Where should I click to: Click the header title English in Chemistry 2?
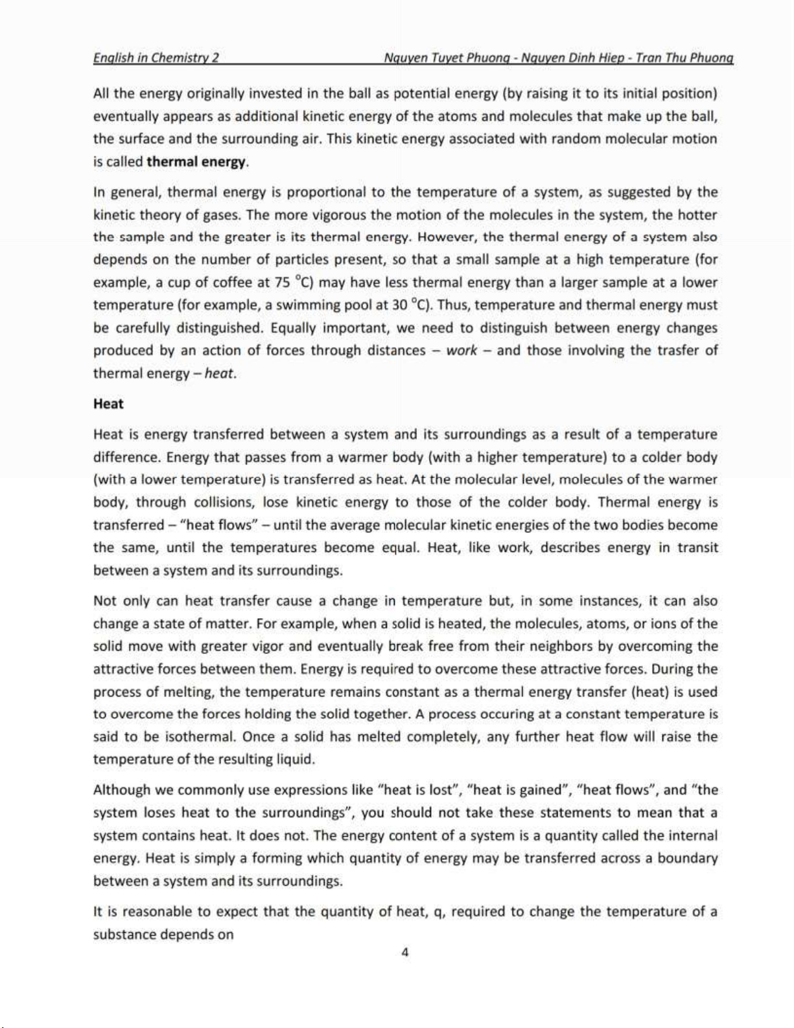(x=156, y=57)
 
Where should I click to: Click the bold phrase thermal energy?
(x=196, y=161)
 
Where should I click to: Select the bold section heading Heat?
(x=108, y=403)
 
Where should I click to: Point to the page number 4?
(x=405, y=952)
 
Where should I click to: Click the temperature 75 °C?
(x=295, y=282)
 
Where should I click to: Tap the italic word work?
(x=461, y=350)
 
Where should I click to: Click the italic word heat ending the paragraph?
(x=220, y=373)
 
